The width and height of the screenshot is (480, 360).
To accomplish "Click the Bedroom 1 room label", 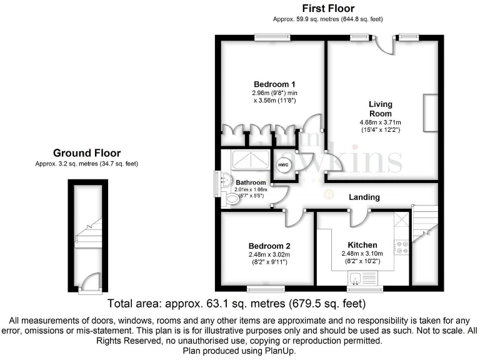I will tap(274, 84).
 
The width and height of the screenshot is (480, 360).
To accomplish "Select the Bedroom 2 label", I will tap(269, 246).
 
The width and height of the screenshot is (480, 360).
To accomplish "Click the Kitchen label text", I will tap(362, 244).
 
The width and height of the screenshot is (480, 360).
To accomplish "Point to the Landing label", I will tap(364, 197).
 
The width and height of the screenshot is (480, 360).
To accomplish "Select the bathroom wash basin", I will tap(224, 181).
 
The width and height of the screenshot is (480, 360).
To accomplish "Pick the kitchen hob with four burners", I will tap(402, 247).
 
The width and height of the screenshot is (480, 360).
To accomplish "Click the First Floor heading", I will tap(328, 9).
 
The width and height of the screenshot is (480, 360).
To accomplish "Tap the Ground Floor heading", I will tap(87, 152).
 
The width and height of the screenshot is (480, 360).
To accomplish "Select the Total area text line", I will tap(237, 304).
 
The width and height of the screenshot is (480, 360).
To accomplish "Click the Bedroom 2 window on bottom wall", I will tap(266, 288).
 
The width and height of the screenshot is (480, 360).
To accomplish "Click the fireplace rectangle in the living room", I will tap(431, 113).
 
